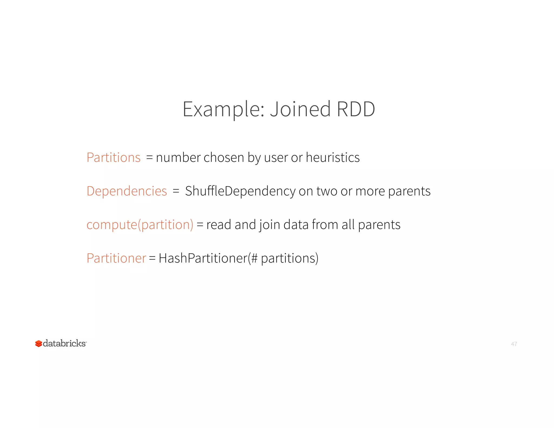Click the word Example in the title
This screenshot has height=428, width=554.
tap(222, 109)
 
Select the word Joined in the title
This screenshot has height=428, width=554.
tap(300, 109)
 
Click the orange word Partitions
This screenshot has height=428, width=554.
tap(113, 157)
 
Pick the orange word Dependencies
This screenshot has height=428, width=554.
tap(127, 191)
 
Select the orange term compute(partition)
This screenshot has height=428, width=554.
tap(140, 225)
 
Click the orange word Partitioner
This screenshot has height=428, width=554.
tap(116, 258)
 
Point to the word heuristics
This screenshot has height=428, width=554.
tap(332, 157)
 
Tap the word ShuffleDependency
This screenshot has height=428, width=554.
tap(240, 191)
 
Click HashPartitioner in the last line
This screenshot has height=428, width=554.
tap(203, 258)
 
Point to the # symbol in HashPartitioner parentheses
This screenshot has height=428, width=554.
tap(254, 258)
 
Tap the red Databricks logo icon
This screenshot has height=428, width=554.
tap(39, 344)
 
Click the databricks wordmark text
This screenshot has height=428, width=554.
tap(64, 343)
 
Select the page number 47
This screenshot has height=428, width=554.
tap(514, 344)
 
